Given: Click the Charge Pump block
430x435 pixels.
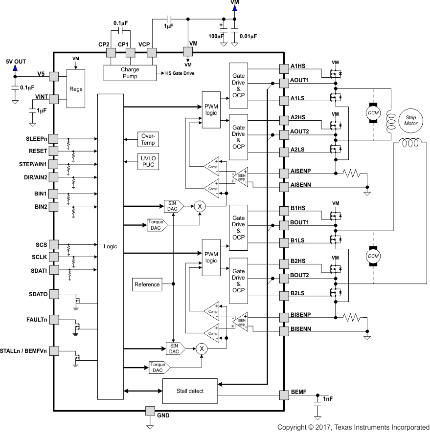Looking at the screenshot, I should [130, 73].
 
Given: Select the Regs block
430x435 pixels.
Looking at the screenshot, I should [76, 89].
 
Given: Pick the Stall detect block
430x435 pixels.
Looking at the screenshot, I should [189, 391].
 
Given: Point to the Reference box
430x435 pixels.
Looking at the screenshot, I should [147, 284].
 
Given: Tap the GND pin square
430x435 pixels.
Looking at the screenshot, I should [150, 411].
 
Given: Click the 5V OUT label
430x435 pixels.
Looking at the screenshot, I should [16, 62].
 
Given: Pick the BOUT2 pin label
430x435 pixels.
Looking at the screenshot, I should [300, 275].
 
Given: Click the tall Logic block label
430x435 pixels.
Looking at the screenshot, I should [111, 247].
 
